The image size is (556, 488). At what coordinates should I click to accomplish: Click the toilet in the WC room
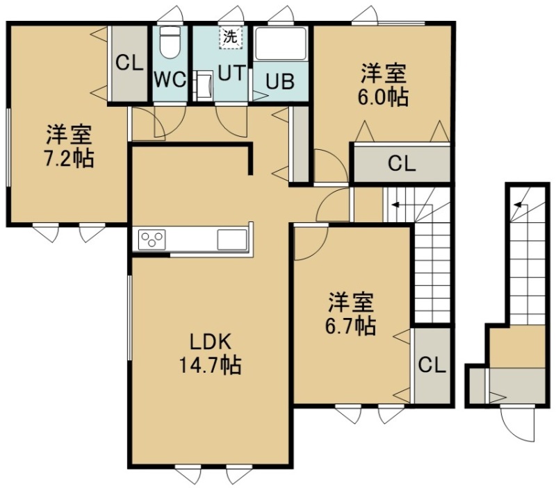point(169,42)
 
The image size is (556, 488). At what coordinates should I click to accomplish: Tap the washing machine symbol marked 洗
point(231,37)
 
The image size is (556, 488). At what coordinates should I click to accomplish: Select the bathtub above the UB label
point(281,44)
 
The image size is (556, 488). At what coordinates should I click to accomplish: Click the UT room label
point(231,74)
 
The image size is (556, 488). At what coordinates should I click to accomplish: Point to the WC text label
point(170,80)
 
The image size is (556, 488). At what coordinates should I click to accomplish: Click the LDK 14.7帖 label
point(211,354)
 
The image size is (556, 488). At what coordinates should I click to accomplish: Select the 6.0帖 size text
point(383,97)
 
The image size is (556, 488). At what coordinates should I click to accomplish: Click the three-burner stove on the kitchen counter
point(152,239)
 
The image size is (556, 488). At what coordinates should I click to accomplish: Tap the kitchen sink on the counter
point(232,239)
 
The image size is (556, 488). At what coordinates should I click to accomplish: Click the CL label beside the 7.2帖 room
point(129,63)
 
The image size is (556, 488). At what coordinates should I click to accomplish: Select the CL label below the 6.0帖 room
point(402,164)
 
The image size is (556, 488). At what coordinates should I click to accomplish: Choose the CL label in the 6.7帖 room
point(432,364)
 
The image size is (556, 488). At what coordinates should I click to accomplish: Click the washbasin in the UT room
point(204,85)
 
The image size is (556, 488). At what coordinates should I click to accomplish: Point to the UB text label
point(281,81)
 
